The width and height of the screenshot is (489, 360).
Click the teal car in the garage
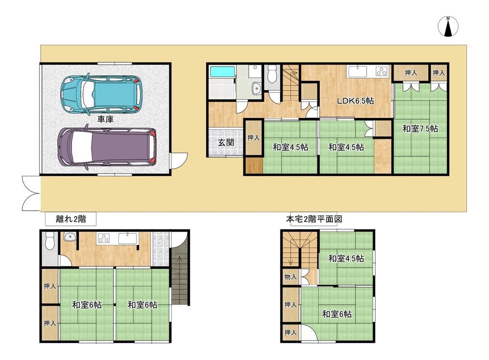point(101,93)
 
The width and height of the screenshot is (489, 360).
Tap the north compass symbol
point(448,26)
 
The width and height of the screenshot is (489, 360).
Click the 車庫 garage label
point(105,119)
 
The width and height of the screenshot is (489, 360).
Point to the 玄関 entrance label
point(226,143)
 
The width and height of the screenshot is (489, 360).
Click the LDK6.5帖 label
point(355,101)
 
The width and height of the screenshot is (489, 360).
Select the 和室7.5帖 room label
point(420,128)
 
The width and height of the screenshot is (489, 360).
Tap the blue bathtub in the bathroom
point(222,71)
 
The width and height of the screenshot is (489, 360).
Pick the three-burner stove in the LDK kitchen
point(381,72)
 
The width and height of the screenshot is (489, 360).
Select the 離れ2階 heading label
point(71,219)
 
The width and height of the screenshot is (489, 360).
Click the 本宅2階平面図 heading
point(314,219)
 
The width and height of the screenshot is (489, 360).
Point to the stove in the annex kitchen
point(104,239)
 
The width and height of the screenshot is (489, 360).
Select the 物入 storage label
point(290,277)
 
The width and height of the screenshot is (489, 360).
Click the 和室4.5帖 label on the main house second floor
point(346,258)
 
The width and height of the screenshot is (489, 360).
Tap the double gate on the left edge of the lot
point(31,193)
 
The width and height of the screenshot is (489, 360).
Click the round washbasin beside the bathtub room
point(256,88)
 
